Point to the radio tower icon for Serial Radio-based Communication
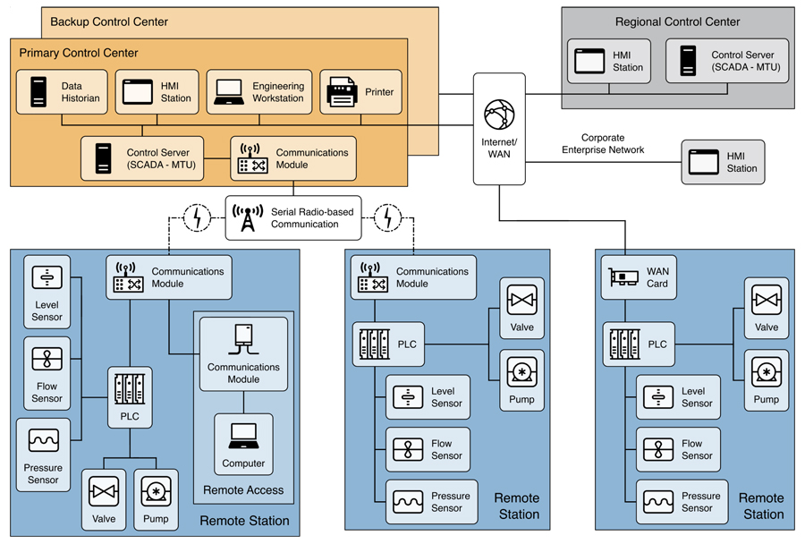[x=248, y=217]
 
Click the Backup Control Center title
[x=109, y=21]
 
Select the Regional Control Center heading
[x=678, y=21]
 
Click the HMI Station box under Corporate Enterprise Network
[x=723, y=162]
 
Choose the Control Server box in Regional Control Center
[x=726, y=61]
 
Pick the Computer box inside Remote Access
[x=243, y=444]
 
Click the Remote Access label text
[x=243, y=489]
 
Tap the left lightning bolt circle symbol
[x=196, y=217]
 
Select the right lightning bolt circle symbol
[x=388, y=217]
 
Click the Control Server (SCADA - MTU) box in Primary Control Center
[x=142, y=158]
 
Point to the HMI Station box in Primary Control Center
[x=157, y=92]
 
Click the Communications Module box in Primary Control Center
[x=293, y=158]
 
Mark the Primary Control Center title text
[x=79, y=54]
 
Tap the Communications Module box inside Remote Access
[x=243, y=355]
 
